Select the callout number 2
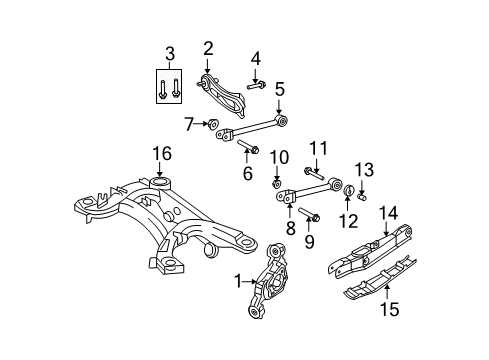pyautogui.click(x=208, y=48)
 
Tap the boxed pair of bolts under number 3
pyautogui.click(x=170, y=87)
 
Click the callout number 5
pyautogui.click(x=280, y=88)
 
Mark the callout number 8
pyautogui.click(x=291, y=230)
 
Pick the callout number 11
pyautogui.click(x=318, y=148)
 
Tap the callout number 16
pyautogui.click(x=162, y=152)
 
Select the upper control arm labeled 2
pyautogui.click(x=226, y=93)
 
